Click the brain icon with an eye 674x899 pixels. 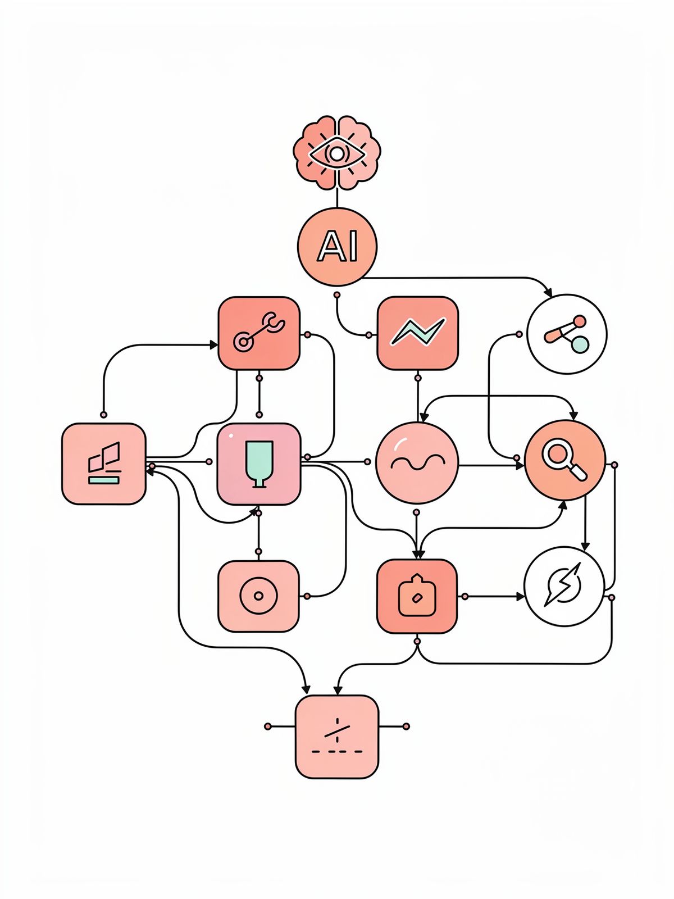(x=336, y=152)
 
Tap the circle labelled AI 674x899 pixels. (x=337, y=246)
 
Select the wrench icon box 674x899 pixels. (x=259, y=333)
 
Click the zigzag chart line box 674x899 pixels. (x=417, y=333)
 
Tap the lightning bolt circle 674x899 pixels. (x=564, y=585)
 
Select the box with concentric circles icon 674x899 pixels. (x=258, y=596)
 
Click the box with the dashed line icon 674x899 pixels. (x=337, y=737)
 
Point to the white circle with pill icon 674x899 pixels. (x=567, y=334)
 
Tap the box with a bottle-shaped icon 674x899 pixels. (x=416, y=596)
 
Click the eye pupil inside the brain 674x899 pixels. (x=336, y=153)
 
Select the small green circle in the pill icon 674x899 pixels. (x=580, y=343)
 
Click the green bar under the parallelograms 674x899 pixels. (x=104, y=479)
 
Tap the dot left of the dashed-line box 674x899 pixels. (x=268, y=727)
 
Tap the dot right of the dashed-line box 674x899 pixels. (x=406, y=727)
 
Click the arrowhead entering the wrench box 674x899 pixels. (x=213, y=344)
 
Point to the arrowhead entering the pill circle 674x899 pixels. (x=548, y=293)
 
